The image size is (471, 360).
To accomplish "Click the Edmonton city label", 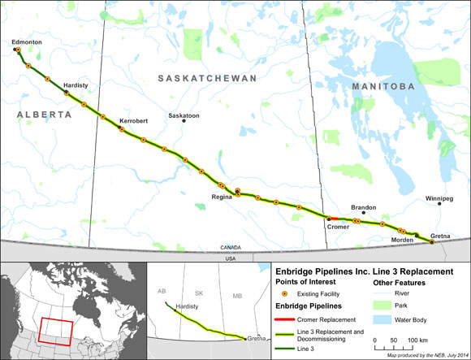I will click(x=26, y=41).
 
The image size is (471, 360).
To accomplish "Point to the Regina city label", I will click(x=222, y=197).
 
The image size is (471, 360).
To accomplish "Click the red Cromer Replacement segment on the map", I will click(x=335, y=219).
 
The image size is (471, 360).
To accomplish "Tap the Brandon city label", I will click(x=364, y=207).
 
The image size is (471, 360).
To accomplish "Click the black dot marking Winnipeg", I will click(x=439, y=206).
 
